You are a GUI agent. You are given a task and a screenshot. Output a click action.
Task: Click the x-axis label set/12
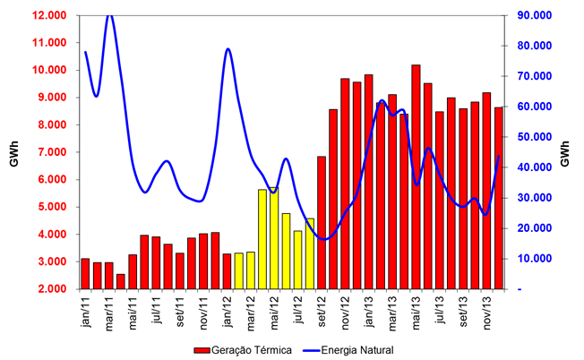coord(322,308)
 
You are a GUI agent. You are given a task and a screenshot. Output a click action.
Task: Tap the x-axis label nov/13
coord(487,308)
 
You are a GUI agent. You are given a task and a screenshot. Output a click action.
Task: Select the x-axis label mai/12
coord(275,308)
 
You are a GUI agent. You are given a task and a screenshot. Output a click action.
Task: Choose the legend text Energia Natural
coord(356,349)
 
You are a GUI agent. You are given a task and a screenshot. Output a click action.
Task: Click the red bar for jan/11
coord(85,273)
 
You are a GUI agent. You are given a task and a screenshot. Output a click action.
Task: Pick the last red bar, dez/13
coord(499,198)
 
